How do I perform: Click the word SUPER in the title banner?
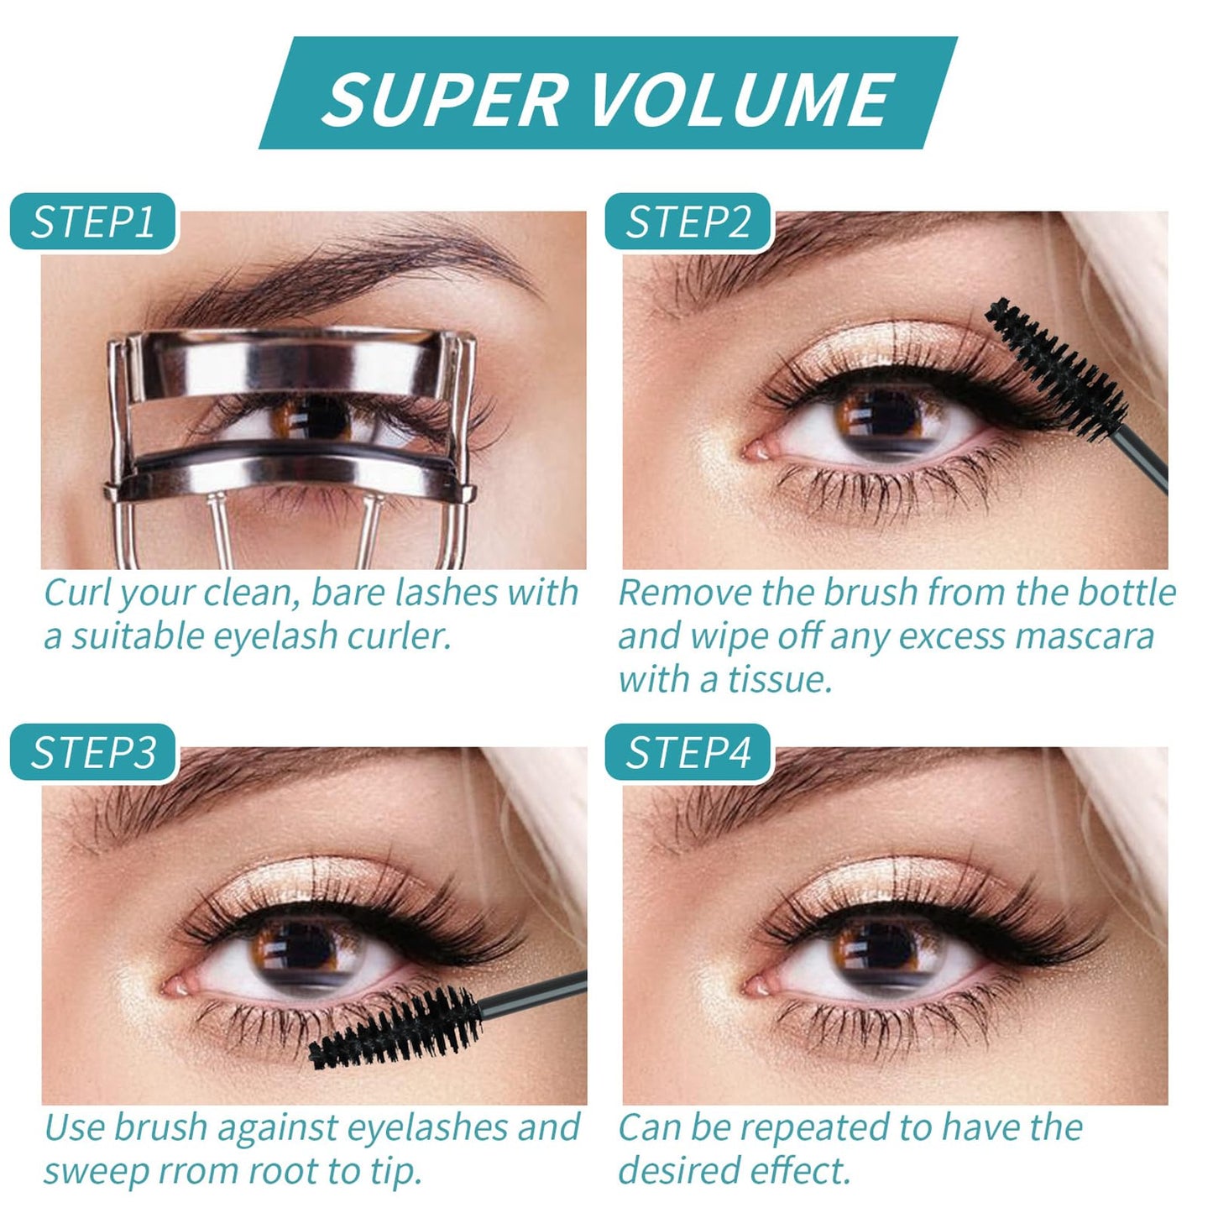(x=444, y=100)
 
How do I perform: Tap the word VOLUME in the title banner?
(x=742, y=100)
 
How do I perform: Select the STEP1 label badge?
(x=93, y=222)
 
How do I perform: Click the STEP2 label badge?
(x=688, y=222)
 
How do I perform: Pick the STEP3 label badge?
(x=94, y=752)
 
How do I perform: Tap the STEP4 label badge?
(x=688, y=752)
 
